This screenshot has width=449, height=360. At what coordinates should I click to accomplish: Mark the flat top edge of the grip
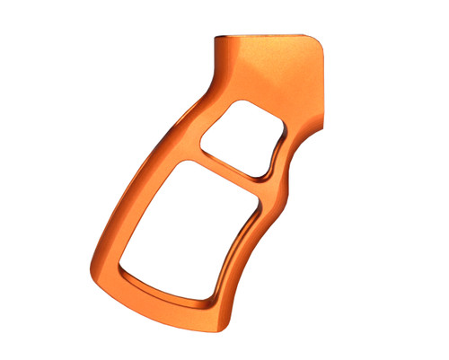pos(265,37)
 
